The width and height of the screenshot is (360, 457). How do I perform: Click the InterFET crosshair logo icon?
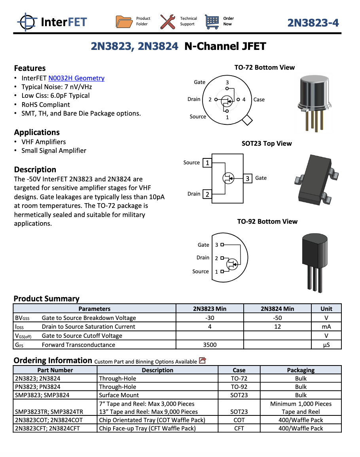(27, 21)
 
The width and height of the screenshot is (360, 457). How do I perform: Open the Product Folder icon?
(124, 21)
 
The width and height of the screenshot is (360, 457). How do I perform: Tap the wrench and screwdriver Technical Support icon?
(168, 21)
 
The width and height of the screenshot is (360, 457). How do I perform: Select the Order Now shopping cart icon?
(212, 21)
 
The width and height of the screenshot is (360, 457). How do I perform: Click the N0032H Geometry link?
(76, 78)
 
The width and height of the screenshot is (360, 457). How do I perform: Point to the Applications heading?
(37, 132)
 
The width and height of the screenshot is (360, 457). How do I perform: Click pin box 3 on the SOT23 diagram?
(248, 178)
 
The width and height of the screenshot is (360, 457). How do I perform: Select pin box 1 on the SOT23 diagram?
(207, 163)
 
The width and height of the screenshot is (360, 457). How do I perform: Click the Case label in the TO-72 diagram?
(259, 99)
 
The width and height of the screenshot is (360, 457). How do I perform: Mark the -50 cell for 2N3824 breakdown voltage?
(277, 318)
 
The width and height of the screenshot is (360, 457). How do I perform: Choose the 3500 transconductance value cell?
(210, 345)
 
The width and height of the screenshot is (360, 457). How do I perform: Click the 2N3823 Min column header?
(210, 308)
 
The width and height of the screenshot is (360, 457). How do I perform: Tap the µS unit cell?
(326, 345)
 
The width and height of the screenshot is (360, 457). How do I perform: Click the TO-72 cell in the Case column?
(239, 378)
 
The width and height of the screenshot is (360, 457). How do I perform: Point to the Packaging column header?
(301, 370)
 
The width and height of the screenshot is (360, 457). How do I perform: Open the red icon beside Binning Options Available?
(203, 360)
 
